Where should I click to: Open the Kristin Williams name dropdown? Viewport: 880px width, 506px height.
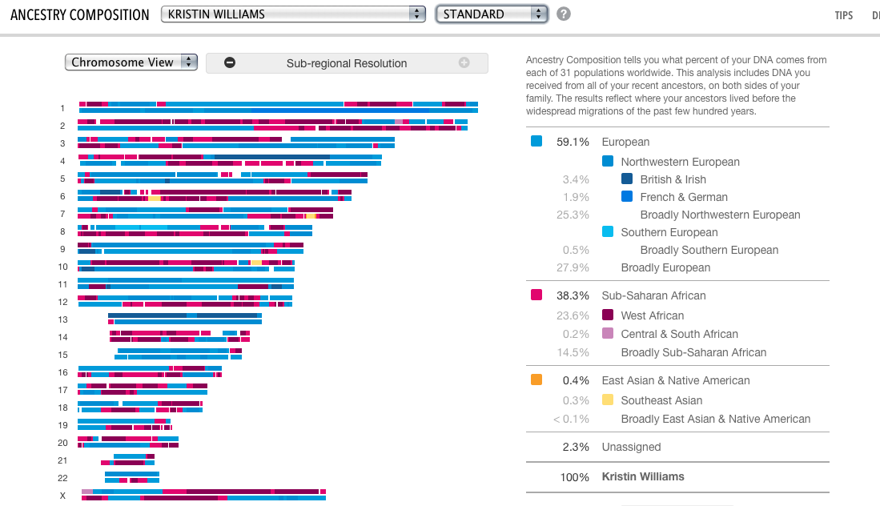click(x=292, y=14)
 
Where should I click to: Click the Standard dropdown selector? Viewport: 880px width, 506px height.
click(x=491, y=14)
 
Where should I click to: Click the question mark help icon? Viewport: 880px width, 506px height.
click(x=564, y=14)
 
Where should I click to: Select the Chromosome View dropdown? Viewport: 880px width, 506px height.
click(x=131, y=62)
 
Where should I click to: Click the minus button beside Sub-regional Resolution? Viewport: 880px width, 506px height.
click(x=230, y=63)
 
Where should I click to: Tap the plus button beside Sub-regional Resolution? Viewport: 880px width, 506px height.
click(x=464, y=63)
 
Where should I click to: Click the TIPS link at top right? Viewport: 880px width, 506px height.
click(x=843, y=15)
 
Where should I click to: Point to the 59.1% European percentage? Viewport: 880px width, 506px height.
click(x=573, y=142)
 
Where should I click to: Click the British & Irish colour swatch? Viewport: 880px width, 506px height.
click(x=627, y=179)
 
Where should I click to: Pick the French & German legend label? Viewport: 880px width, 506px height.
click(x=684, y=197)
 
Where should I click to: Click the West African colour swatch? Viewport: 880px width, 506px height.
click(x=608, y=315)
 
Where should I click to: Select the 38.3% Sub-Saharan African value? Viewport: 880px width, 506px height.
click(x=573, y=295)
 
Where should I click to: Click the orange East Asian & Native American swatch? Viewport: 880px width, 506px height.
click(x=536, y=380)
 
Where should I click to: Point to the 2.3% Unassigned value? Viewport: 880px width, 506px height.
click(x=576, y=447)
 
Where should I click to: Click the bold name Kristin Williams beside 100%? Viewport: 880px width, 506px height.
click(x=643, y=476)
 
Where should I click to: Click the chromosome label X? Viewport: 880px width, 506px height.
click(x=62, y=496)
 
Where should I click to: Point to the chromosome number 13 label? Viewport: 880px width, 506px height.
click(x=62, y=319)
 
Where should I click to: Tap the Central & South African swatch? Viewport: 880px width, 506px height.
click(x=608, y=334)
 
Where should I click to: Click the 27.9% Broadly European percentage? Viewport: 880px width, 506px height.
click(x=573, y=267)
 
